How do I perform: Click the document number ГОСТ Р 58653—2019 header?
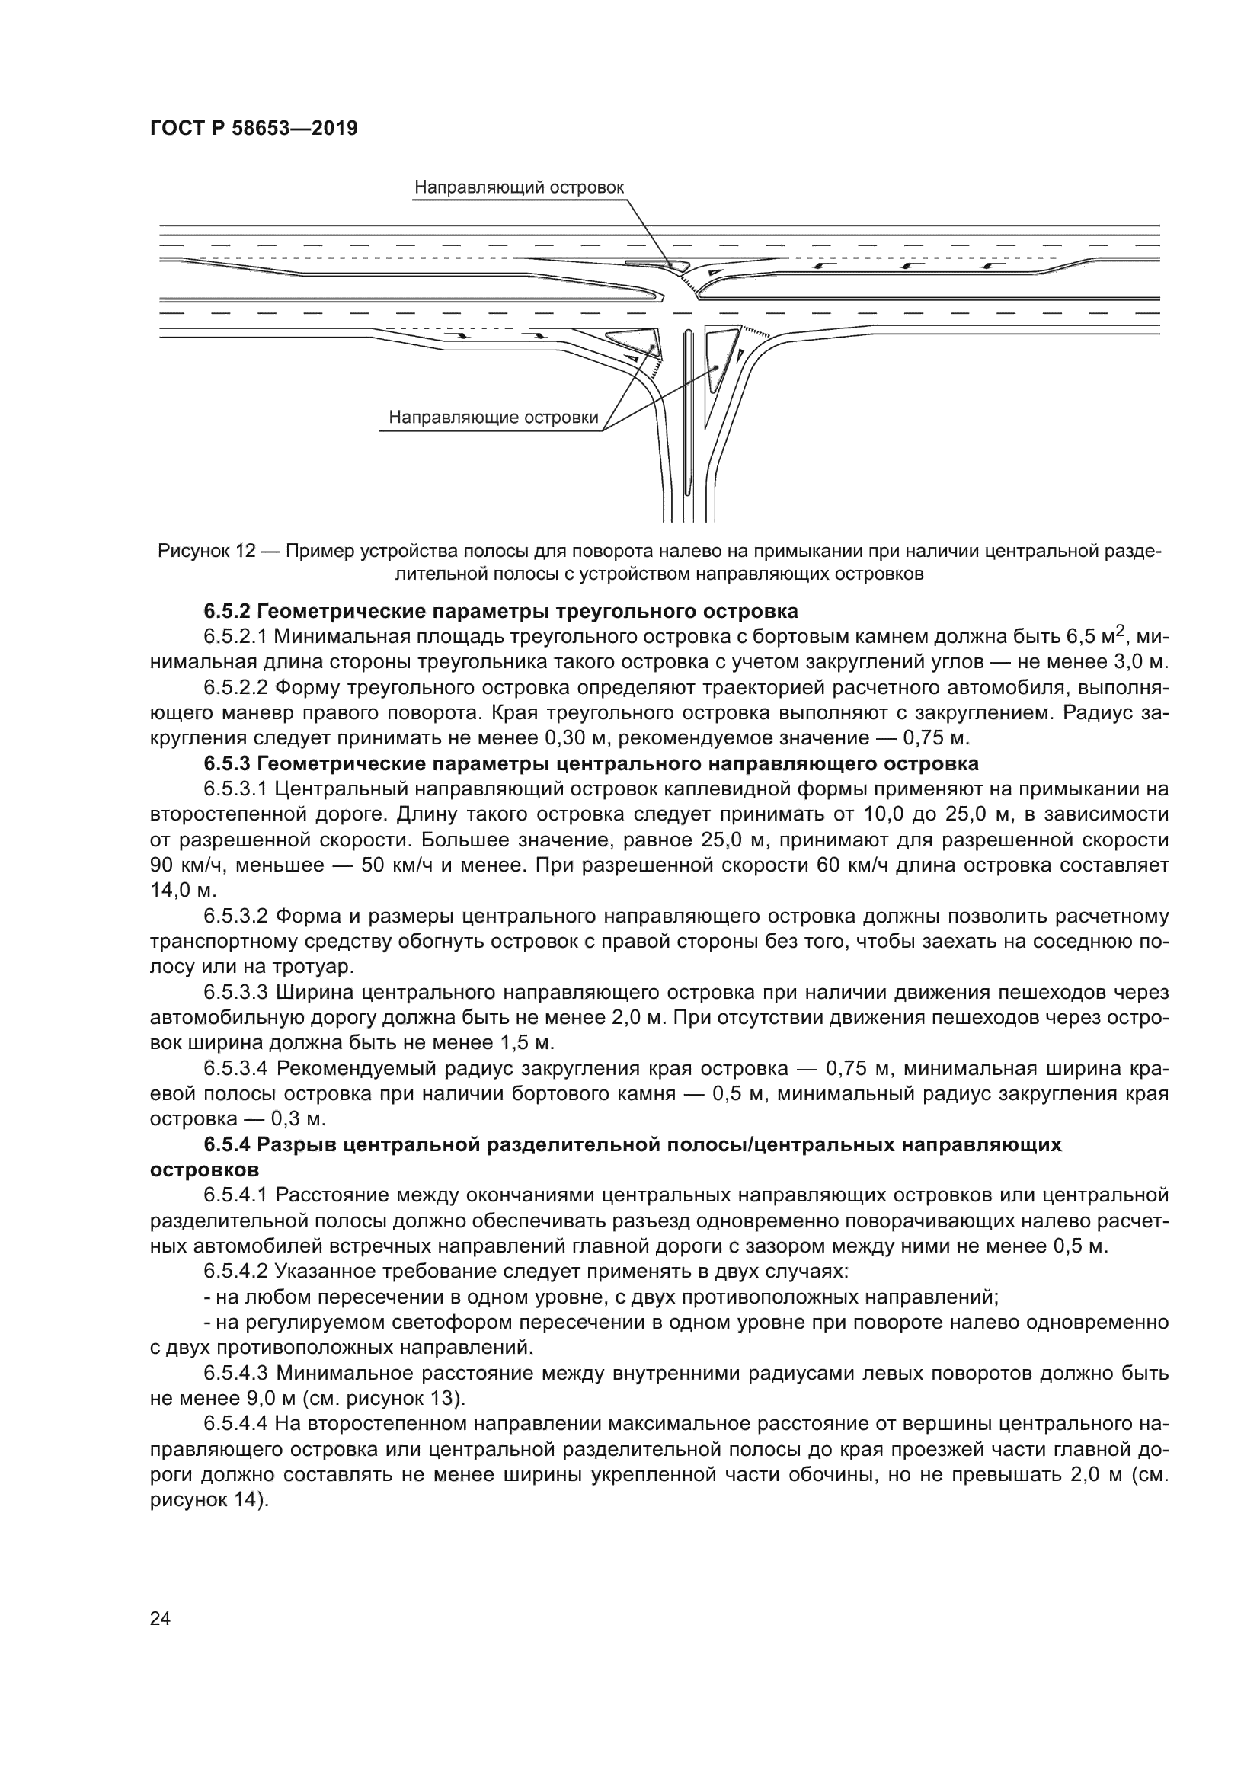click(x=254, y=129)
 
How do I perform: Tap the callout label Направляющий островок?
click(x=518, y=188)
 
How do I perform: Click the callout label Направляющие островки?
click(x=494, y=418)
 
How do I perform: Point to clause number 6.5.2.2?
click(x=236, y=688)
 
